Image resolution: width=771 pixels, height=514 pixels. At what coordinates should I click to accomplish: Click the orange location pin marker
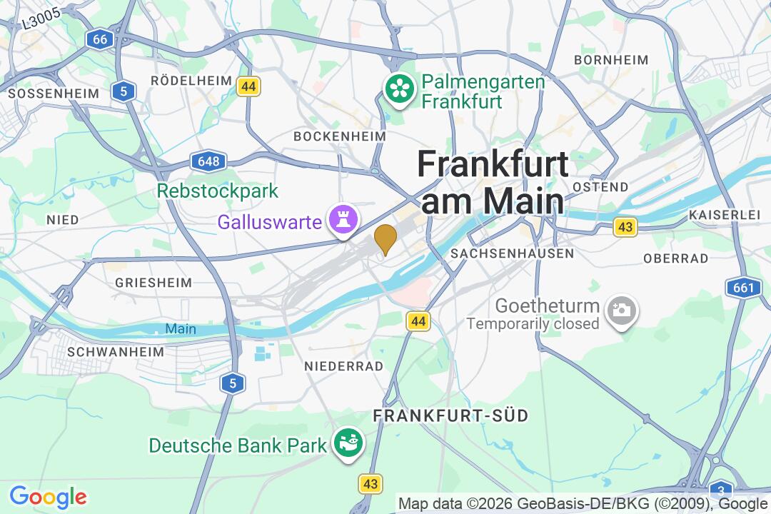pyautogui.click(x=385, y=238)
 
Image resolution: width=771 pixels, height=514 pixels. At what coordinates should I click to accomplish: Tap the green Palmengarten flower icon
pyautogui.click(x=400, y=89)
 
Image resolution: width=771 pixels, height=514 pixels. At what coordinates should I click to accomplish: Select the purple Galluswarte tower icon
pyautogui.click(x=342, y=221)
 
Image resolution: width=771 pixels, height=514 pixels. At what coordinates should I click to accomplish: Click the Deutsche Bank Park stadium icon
pyautogui.click(x=349, y=444)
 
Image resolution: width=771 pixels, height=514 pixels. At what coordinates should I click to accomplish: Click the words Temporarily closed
pyautogui.click(x=533, y=324)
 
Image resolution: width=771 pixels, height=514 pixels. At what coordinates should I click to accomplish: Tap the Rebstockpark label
pyautogui.click(x=218, y=191)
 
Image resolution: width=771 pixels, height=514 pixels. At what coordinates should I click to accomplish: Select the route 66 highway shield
pyautogui.click(x=100, y=39)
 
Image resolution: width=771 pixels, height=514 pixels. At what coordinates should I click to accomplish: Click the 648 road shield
pyautogui.click(x=208, y=161)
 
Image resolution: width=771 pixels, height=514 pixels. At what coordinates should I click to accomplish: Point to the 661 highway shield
pyautogui.click(x=742, y=288)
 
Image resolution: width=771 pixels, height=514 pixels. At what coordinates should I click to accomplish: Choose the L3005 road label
pyautogui.click(x=39, y=16)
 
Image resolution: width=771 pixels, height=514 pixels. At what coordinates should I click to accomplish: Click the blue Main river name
pyautogui.click(x=180, y=329)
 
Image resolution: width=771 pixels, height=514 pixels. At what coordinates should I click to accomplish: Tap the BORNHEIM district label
pyautogui.click(x=611, y=60)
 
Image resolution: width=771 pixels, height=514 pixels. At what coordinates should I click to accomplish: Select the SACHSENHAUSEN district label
pyautogui.click(x=513, y=253)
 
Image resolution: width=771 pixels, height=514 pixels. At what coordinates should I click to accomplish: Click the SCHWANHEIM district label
pyautogui.click(x=116, y=352)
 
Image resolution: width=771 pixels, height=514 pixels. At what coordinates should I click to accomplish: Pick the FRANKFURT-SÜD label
pyautogui.click(x=451, y=415)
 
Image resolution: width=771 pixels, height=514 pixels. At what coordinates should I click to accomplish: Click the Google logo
pyautogui.click(x=48, y=497)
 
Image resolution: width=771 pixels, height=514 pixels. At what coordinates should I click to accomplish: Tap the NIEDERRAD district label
pyautogui.click(x=343, y=366)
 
